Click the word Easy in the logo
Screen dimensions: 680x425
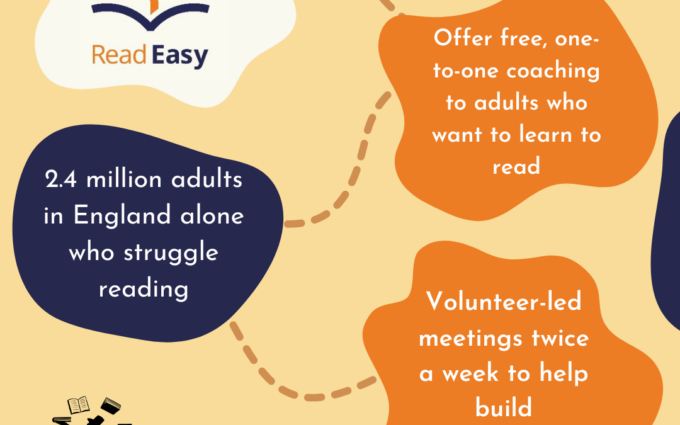tap(180, 56)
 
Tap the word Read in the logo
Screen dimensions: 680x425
tap(119, 55)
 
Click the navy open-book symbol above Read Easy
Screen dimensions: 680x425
tap(150, 16)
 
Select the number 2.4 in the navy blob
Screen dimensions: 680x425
tap(61, 180)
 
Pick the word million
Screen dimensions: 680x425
tap(124, 180)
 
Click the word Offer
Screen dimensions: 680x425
tap(463, 38)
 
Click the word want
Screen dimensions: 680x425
tap(457, 135)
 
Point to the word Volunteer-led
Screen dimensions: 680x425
tap(504, 301)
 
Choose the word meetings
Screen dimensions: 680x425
tap(471, 339)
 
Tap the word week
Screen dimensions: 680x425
tap(472, 373)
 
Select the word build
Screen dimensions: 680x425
tap(503, 407)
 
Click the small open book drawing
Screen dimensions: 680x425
tap(78, 405)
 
